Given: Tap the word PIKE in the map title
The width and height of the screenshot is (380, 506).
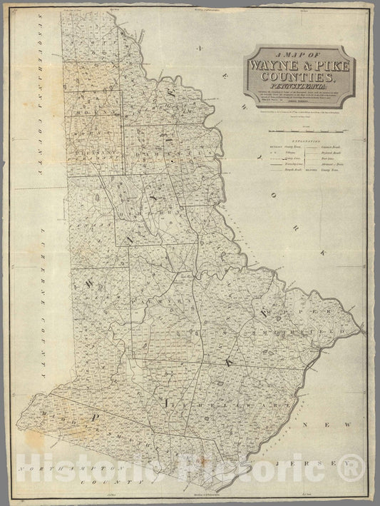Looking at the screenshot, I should click(326, 68).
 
